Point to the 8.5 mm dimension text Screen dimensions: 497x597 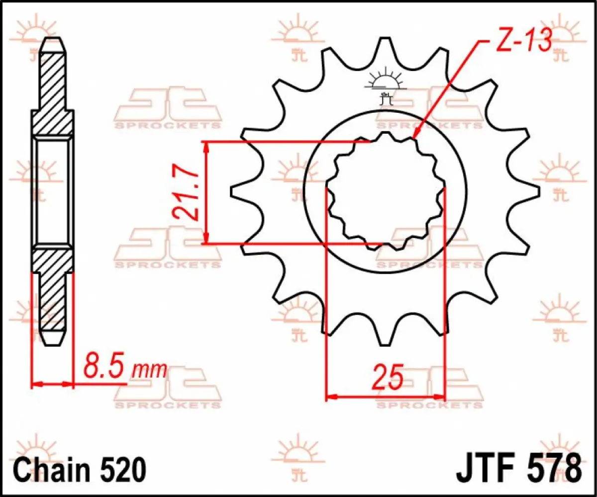(124, 369)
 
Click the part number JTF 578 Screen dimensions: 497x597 (517, 469)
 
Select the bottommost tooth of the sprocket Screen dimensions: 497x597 (385, 338)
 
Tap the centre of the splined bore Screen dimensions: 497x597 (386, 191)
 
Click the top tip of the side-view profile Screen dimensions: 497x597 (53, 40)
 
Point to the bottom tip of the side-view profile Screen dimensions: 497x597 (53, 344)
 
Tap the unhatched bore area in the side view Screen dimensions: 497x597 (53, 191)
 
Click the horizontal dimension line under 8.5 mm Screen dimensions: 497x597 (53, 384)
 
